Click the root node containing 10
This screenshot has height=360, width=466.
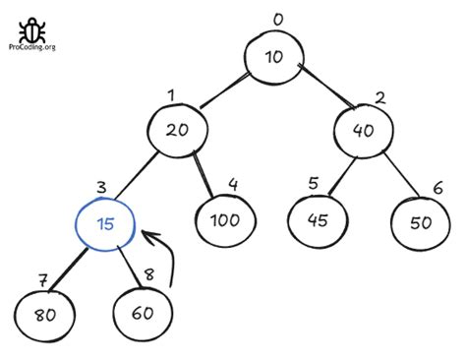click(x=274, y=57)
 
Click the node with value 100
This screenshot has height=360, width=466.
click(x=225, y=219)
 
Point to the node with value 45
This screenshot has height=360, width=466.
click(x=318, y=220)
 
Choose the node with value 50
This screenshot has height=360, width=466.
click(x=421, y=221)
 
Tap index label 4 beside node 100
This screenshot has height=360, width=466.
click(x=232, y=183)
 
